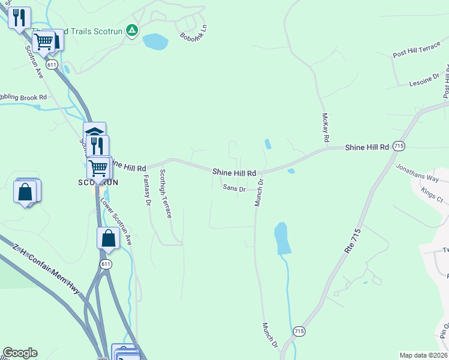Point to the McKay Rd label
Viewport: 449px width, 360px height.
pos(325,127)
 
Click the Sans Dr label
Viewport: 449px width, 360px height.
pos(234,188)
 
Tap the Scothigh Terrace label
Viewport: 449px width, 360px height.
pos(165,193)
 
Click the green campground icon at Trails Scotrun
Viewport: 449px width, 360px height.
pos(133,29)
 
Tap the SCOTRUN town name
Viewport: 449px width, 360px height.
pos(92,182)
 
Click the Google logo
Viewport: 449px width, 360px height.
pos(20,353)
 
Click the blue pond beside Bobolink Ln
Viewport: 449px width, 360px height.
pos(155,41)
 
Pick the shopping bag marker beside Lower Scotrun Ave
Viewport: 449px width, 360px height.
pos(108,238)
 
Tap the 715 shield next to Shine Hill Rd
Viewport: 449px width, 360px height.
pos(399,146)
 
